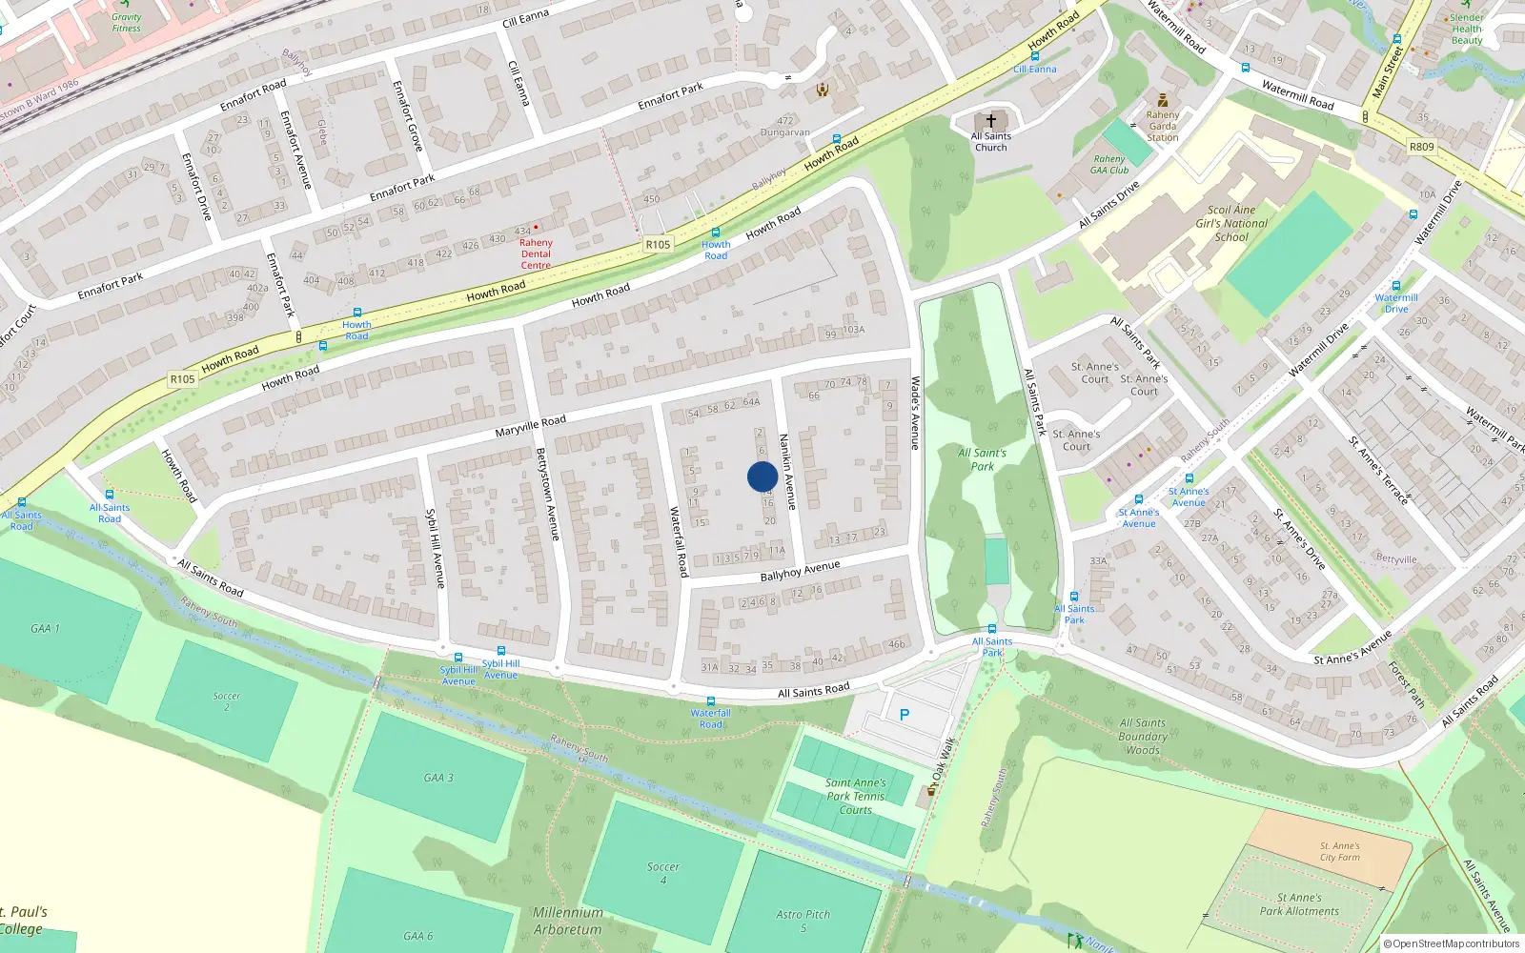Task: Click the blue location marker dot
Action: coord(762,476)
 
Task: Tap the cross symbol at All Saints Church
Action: coord(991,121)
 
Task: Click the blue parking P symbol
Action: coord(905,714)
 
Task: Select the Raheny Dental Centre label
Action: coord(536,253)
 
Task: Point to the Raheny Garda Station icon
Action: coord(1162,100)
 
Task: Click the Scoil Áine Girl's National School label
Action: coord(1231,223)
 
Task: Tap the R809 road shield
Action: coord(1421,147)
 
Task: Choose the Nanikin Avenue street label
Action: coord(787,471)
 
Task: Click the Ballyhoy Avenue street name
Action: coord(800,571)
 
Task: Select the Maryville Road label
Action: coord(530,425)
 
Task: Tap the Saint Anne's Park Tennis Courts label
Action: coord(856,796)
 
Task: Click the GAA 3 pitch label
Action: coord(438,778)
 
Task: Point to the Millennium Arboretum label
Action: coord(568,921)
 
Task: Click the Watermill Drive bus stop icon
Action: coord(1396,286)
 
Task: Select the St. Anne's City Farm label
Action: coord(1340,851)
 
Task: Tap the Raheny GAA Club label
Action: coord(1109,165)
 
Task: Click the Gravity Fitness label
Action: coord(126,22)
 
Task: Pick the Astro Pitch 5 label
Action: coord(803,920)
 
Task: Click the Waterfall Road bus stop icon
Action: coord(711,701)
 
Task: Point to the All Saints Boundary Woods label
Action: coord(1143,737)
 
